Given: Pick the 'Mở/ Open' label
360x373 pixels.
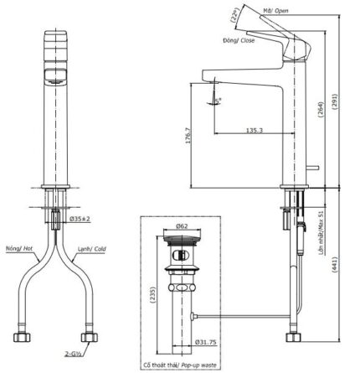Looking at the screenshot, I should coord(297,12).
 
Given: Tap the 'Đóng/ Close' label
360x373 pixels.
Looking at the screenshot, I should coord(238,39).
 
